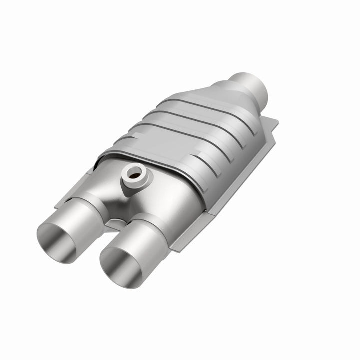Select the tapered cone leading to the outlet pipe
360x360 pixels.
tap(220, 100)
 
